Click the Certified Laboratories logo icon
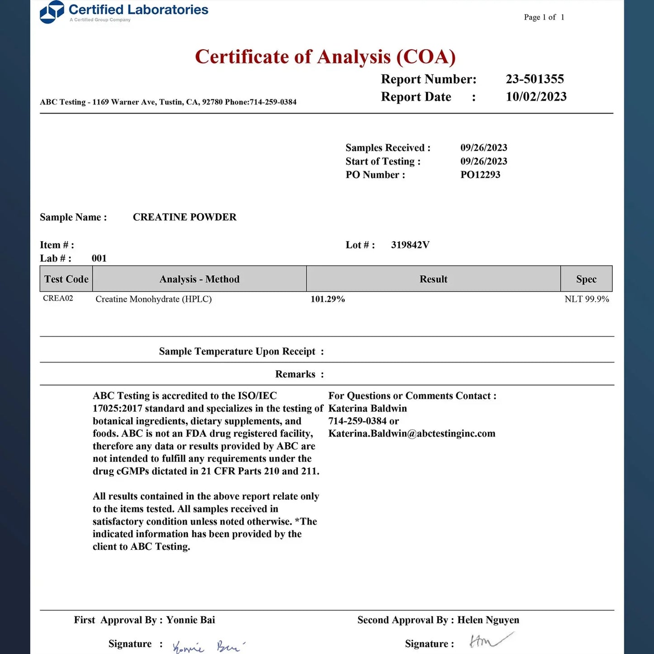coord(52,12)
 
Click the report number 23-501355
coord(535,79)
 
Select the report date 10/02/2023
coord(536,97)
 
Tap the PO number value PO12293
coord(480,175)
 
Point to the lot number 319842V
coord(410,245)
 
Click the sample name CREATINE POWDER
coord(185,217)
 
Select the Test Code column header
coord(66,279)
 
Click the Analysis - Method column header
coord(199,279)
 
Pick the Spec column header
coord(586,279)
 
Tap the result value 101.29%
coord(328,299)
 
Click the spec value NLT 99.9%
coord(587,299)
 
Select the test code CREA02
coord(58,298)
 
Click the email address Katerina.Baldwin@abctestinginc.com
coord(412,434)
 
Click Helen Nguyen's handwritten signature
coord(490,640)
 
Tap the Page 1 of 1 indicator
coord(544,17)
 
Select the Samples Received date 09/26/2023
coord(484,148)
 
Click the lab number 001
coord(99,258)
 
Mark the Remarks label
coord(295,374)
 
